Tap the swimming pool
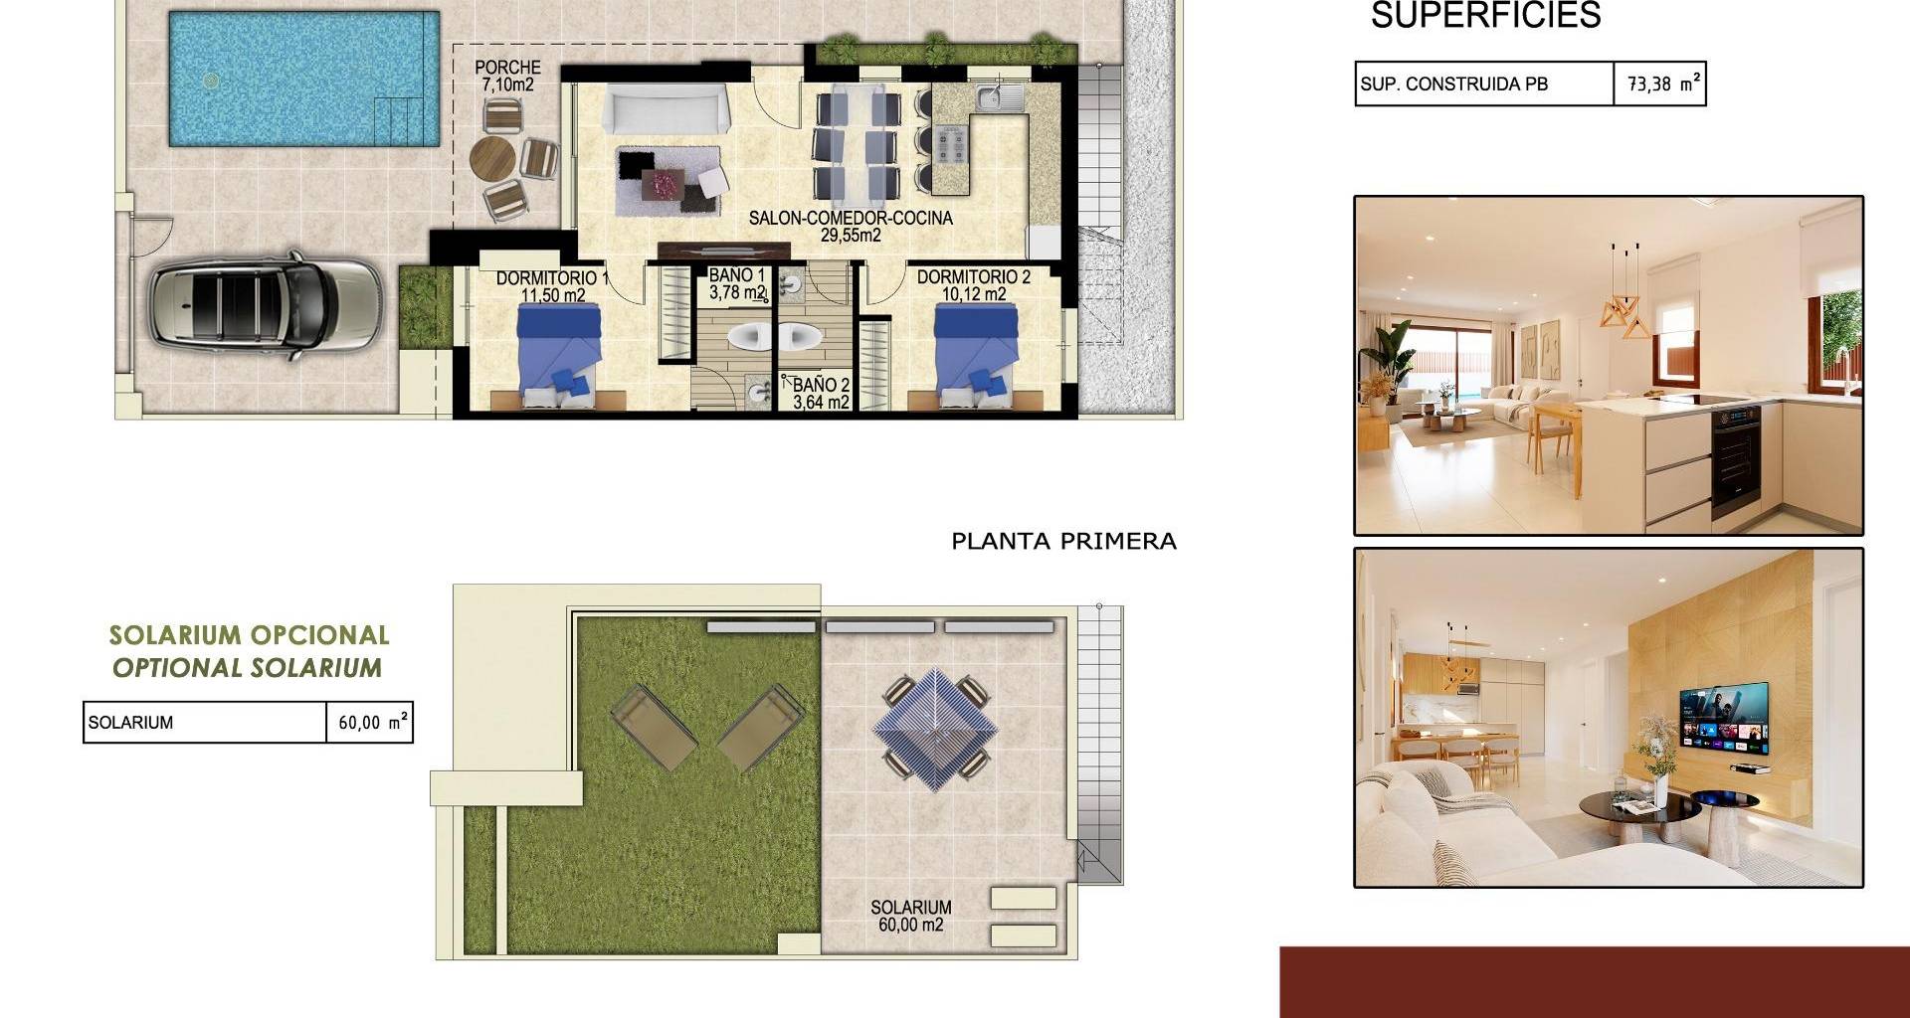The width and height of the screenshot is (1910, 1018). coord(304,80)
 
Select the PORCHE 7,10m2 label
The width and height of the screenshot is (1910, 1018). coord(507,76)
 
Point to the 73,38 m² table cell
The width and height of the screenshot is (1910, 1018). coord(1660,85)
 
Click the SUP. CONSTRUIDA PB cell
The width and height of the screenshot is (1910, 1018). coord(1484,85)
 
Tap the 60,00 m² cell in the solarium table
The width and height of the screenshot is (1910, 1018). coord(370,723)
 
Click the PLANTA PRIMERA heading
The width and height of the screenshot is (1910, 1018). coord(1063,542)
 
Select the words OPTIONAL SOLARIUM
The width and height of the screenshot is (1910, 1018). coord(247,668)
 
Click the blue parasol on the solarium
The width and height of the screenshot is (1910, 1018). coord(935,728)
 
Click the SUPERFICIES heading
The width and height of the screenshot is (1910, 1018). coord(1486,15)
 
